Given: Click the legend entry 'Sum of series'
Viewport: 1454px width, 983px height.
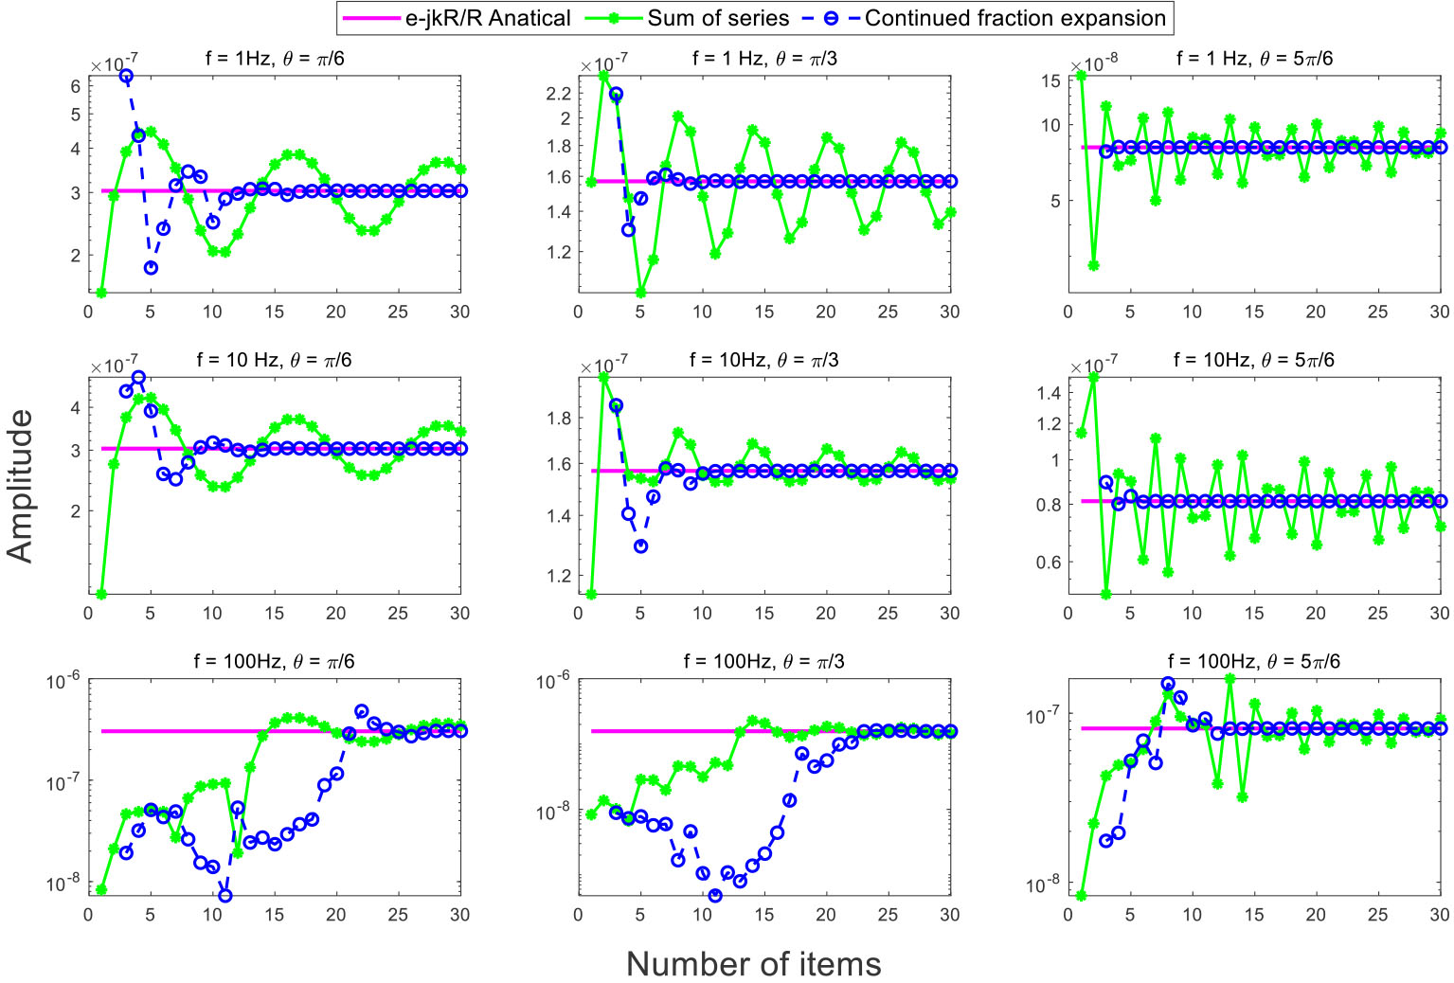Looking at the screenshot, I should pos(718,18).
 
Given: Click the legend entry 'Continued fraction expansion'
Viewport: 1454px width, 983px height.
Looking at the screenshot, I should pos(1014,18).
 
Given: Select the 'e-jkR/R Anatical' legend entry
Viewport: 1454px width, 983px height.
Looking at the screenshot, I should pos(488,18).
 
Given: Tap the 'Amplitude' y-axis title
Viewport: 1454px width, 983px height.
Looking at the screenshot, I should pos(20,486).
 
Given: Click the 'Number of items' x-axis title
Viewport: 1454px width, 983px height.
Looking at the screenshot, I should pos(753,964).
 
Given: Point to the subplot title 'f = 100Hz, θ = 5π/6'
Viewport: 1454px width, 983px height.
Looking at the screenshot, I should pos(1254,661).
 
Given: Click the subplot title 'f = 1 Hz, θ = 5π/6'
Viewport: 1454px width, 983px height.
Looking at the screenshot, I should pos(1254,58).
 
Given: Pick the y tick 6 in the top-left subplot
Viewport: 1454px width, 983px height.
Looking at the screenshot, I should pos(76,84).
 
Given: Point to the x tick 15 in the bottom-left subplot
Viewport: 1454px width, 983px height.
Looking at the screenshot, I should pos(274,915).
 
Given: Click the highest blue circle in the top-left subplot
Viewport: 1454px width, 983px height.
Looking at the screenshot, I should pos(126,76).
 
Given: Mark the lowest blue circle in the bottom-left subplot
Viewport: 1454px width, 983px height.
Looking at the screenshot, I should pos(224,895).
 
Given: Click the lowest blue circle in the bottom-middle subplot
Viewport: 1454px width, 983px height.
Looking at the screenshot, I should pos(715,895).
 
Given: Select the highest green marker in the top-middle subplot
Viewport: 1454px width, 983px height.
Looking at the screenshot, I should pos(603,75).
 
